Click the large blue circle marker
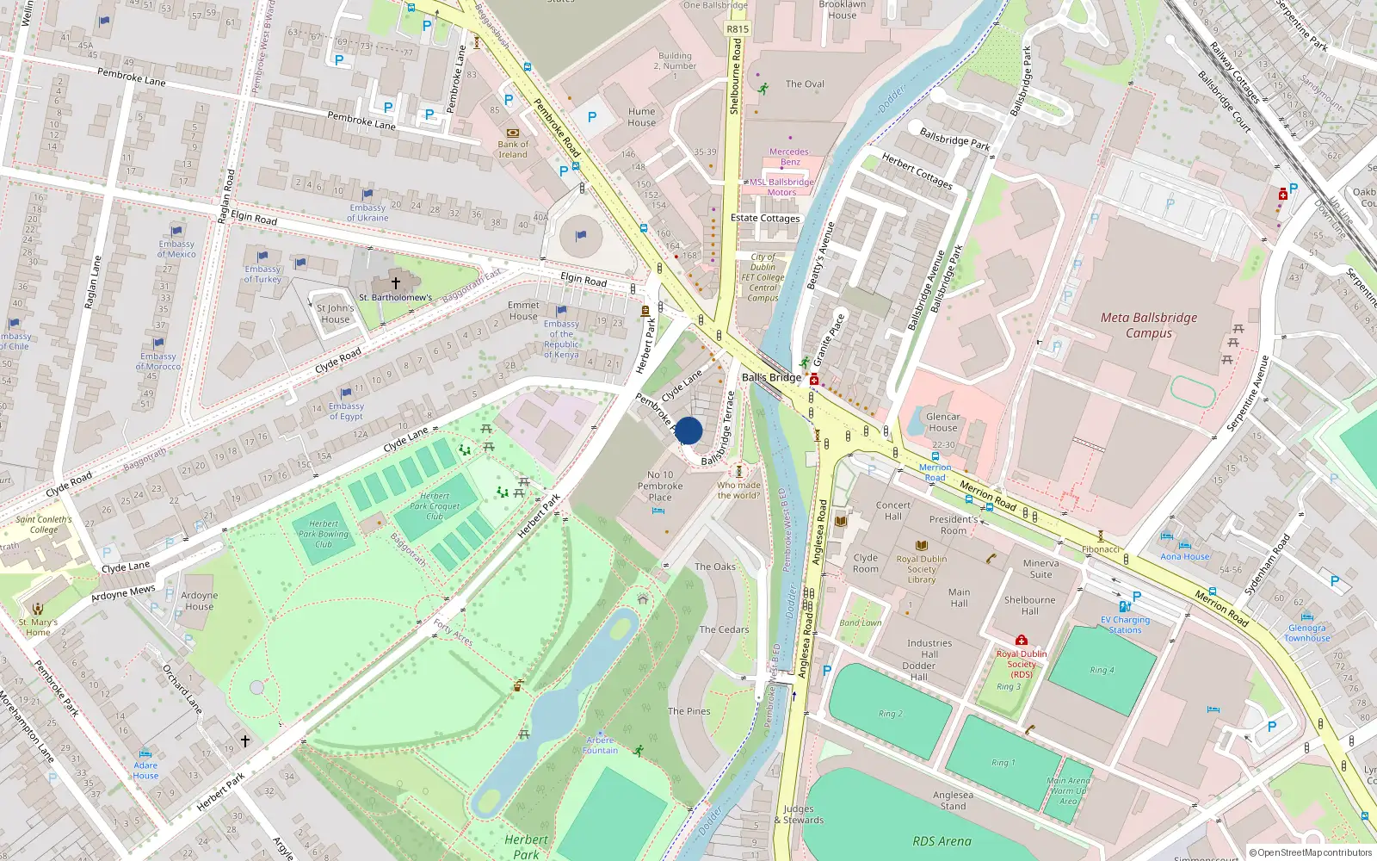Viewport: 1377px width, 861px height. click(x=688, y=430)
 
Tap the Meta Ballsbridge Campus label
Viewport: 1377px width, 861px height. click(x=1149, y=325)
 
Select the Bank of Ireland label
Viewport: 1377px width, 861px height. click(x=513, y=150)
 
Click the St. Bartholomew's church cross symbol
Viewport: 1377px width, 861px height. click(x=396, y=282)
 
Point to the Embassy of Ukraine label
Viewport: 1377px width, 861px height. click(x=367, y=213)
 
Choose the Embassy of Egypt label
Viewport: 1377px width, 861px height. click(x=346, y=412)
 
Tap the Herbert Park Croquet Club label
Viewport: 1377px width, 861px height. click(x=435, y=506)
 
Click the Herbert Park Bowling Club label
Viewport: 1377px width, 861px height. click(x=324, y=534)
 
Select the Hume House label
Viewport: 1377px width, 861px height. click(x=641, y=117)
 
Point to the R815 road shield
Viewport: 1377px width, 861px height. click(x=738, y=28)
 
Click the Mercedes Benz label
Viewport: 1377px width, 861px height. click(x=789, y=157)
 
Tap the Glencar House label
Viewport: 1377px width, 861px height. click(x=943, y=422)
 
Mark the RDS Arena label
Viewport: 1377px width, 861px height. click(x=942, y=841)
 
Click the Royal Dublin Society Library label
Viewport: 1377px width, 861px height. click(x=921, y=569)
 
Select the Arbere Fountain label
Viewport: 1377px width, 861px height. click(x=600, y=745)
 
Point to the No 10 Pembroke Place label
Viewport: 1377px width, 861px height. click(x=660, y=486)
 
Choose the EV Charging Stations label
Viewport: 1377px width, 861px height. click(x=1125, y=624)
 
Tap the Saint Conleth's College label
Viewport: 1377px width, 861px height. click(x=44, y=524)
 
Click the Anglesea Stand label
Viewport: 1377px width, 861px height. click(x=953, y=801)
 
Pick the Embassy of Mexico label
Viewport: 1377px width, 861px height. click(x=176, y=249)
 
